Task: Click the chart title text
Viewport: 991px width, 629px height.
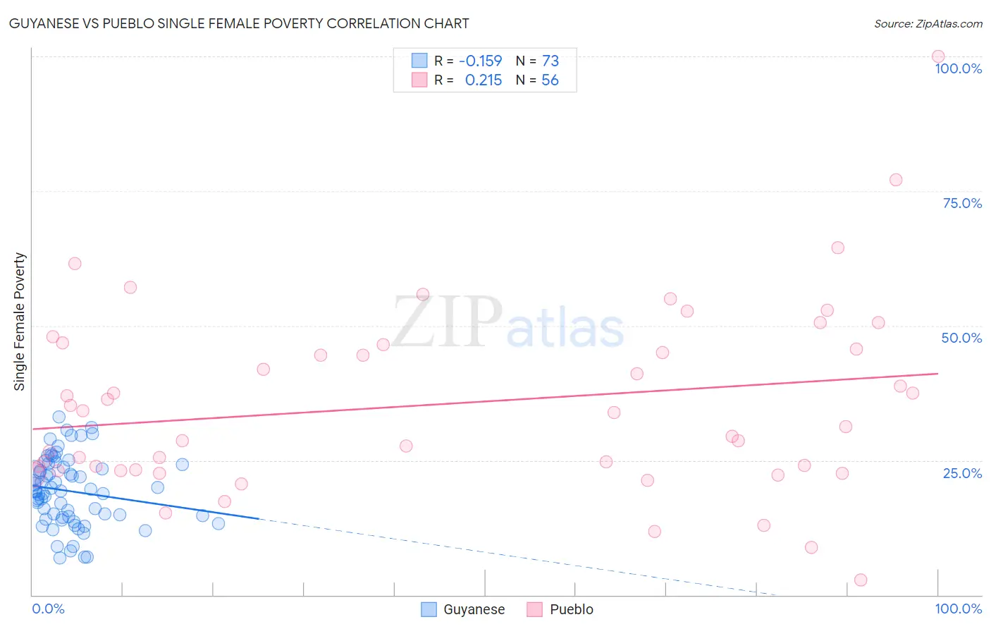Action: pos(239,23)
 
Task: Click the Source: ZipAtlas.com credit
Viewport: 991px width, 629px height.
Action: pos(928,23)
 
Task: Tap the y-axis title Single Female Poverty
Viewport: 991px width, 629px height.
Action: pos(20,322)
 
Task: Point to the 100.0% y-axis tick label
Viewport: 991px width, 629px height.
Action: pos(958,68)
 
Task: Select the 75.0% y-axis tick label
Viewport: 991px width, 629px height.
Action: pos(962,203)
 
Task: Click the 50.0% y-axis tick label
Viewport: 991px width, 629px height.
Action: pos(961,338)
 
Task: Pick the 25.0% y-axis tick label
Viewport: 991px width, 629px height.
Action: pos(962,472)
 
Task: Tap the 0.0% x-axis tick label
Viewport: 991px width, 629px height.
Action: pos(48,609)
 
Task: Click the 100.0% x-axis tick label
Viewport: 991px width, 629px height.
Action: pos(958,609)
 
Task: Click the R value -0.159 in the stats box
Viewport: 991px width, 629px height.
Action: pos(480,61)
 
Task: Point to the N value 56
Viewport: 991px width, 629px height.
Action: pos(550,80)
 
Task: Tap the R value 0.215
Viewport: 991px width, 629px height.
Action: pos(483,80)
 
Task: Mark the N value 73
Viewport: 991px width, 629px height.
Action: pos(550,61)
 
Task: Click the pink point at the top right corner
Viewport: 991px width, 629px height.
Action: pos(938,56)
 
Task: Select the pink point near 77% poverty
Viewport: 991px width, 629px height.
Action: pos(896,180)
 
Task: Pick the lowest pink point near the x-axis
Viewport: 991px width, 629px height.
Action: pos(861,580)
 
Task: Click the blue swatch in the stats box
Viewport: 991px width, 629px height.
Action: pos(419,61)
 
